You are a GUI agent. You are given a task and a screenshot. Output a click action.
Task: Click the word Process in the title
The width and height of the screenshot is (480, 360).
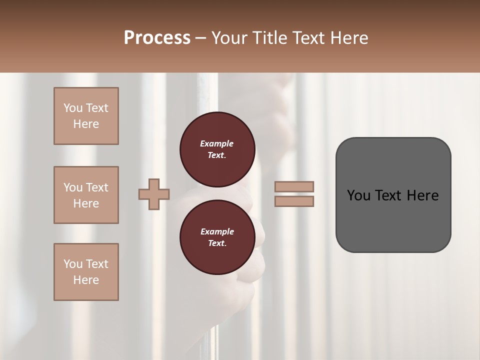point(157,38)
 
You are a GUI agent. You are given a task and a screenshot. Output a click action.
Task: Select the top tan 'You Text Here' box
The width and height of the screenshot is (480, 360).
point(86,116)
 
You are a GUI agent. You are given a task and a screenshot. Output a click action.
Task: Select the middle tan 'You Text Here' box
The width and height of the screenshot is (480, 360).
point(86,195)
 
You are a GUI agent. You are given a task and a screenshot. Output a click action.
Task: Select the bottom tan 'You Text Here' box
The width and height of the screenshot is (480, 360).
point(86,272)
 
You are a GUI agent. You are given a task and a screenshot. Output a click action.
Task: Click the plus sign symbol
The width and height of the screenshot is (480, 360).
point(154,194)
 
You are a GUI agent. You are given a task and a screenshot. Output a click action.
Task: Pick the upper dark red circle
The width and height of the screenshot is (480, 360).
point(217,149)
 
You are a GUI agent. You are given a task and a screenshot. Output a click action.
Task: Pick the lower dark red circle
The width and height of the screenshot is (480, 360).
point(217,237)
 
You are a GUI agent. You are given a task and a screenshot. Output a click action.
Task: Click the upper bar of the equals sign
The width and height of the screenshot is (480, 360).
point(294,187)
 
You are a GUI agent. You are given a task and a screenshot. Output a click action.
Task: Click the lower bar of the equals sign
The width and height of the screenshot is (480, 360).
point(294,201)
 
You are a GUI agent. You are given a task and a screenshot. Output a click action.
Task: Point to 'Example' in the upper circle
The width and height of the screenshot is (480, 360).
point(217,143)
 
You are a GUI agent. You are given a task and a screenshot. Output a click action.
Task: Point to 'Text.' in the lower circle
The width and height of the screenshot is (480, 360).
point(217,243)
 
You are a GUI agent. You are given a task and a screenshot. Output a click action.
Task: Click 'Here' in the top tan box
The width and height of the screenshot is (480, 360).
point(86,124)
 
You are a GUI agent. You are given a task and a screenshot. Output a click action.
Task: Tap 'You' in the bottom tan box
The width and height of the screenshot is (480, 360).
point(73,264)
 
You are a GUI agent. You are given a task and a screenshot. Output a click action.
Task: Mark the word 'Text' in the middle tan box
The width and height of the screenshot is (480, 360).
point(97,187)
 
